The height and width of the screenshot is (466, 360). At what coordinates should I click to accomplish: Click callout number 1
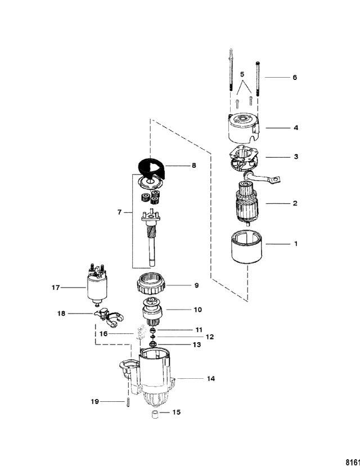295,244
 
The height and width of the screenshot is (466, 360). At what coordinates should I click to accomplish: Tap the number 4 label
295,128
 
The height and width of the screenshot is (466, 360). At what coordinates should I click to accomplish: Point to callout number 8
195,166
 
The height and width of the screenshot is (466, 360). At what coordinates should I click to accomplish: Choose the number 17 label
55,288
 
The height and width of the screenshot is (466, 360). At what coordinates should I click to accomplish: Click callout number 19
96,401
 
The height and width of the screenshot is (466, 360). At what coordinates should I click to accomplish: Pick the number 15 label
176,413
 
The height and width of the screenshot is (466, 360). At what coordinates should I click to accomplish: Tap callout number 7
119,213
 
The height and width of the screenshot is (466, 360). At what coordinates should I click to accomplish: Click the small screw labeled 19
128,403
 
